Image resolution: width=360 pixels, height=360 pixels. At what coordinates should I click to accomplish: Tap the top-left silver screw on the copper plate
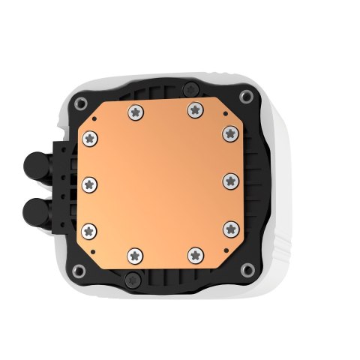134,112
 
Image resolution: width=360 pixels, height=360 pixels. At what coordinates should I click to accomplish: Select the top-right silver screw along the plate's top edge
194,109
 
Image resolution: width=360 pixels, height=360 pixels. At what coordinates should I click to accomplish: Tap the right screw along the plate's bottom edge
195,253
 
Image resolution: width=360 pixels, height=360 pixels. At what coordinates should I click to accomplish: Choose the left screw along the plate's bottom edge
134,253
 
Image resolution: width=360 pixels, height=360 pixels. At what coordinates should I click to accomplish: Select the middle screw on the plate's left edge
89,181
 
